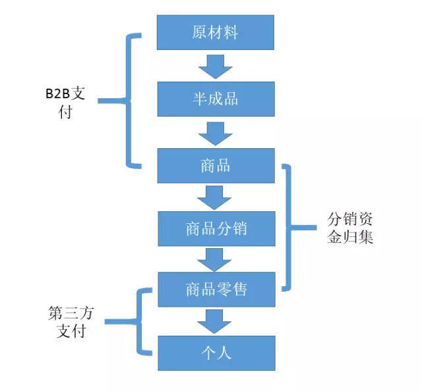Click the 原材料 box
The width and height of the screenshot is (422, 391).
(x=215, y=32)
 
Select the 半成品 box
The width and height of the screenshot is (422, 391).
(x=215, y=99)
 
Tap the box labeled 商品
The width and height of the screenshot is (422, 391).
(x=215, y=165)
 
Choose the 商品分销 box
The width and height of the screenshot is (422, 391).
(x=215, y=228)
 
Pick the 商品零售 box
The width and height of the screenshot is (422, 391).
(x=215, y=289)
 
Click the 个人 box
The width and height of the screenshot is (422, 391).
(x=215, y=353)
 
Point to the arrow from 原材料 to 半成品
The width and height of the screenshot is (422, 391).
(x=215, y=66)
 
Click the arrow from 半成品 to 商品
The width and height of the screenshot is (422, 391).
(x=215, y=132)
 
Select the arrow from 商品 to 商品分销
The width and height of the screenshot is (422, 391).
(x=215, y=197)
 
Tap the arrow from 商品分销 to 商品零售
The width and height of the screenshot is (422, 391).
(x=215, y=259)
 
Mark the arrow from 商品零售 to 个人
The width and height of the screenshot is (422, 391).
(x=215, y=321)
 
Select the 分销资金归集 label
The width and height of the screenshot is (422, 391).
(x=350, y=228)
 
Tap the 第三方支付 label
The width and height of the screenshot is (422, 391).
(x=71, y=322)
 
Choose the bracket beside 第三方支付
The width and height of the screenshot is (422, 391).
(x=139, y=322)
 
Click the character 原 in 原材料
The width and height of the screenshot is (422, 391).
(x=199, y=32)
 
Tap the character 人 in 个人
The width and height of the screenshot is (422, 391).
(x=224, y=353)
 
